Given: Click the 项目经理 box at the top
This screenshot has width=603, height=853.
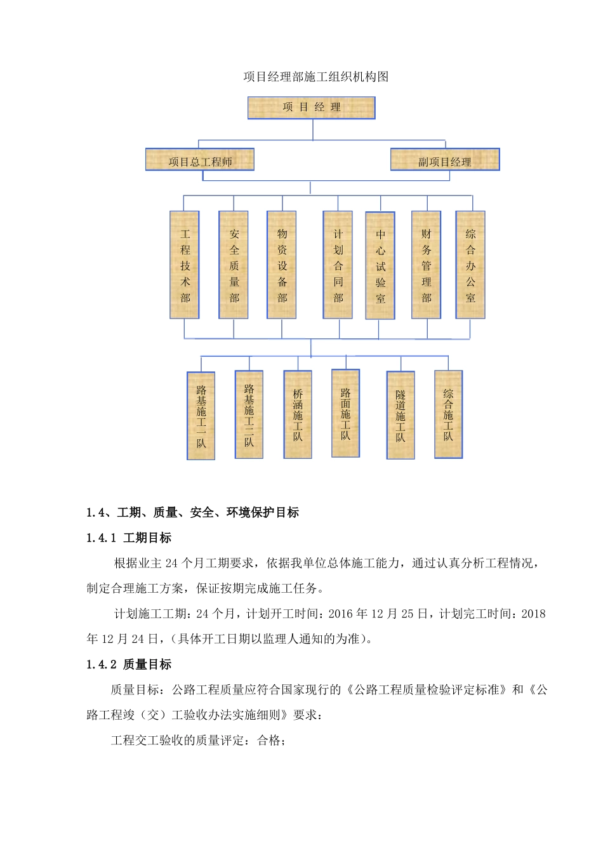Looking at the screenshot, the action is pos(311,107).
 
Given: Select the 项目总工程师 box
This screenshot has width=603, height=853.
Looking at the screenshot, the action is pos(200,160).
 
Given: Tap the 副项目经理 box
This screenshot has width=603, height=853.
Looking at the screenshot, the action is pos(445,160).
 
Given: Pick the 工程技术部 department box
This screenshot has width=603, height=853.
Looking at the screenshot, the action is pos(185,265).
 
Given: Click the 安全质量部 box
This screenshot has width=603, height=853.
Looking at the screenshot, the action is pos(234,265).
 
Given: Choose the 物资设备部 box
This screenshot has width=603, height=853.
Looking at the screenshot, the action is pos(282,265).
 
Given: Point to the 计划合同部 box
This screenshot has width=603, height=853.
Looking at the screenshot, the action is pos(338,265).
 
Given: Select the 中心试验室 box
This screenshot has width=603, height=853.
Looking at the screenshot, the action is pos(380,265).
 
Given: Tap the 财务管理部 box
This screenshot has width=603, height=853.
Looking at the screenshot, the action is pos(426,265).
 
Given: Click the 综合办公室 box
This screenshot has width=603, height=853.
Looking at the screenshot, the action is pos(470,265).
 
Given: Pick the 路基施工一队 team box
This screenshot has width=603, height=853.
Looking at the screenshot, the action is pos(201,416).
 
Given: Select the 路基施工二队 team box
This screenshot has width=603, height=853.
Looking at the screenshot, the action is pos(249,414).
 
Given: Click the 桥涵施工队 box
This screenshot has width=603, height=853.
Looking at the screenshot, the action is pos(298,414).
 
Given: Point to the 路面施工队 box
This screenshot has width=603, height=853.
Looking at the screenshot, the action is pos(345,413).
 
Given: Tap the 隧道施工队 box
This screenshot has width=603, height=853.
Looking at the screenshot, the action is pos(401,415).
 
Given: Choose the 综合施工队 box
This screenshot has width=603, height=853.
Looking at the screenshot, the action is pos(448,414).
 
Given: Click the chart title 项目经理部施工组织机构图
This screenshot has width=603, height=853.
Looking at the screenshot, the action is pos(316,77).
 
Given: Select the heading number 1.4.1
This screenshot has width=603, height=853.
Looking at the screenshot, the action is pos(102,538).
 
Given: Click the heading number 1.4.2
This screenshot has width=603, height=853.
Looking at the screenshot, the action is pos(102,665).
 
